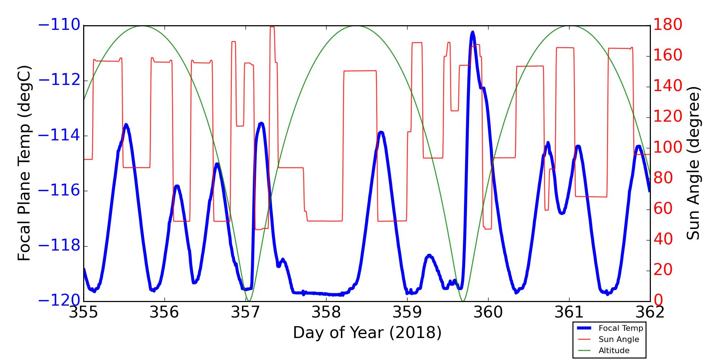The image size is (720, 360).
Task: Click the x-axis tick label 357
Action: tap(246, 312)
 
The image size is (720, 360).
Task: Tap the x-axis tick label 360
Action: tap(488, 312)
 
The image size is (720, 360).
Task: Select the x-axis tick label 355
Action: tap(84, 312)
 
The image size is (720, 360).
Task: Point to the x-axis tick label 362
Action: tap(650, 312)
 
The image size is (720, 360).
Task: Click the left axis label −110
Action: tap(59, 25)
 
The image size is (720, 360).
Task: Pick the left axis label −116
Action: tap(59, 191)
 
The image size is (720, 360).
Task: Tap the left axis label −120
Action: tap(59, 301)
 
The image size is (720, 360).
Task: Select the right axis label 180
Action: tap(667, 25)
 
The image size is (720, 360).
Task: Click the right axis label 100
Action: tap(667, 148)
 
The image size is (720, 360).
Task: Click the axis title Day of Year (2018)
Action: tap(367, 333)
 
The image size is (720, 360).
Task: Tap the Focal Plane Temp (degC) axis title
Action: tap(24, 163)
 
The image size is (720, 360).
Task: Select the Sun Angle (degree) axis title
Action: tap(693, 163)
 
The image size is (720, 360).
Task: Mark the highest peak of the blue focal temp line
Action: tap(473, 32)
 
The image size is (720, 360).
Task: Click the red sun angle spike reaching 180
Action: tap(272, 27)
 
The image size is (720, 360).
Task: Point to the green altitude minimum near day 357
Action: tap(249, 301)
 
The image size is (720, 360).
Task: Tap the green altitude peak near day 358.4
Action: tap(356, 26)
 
